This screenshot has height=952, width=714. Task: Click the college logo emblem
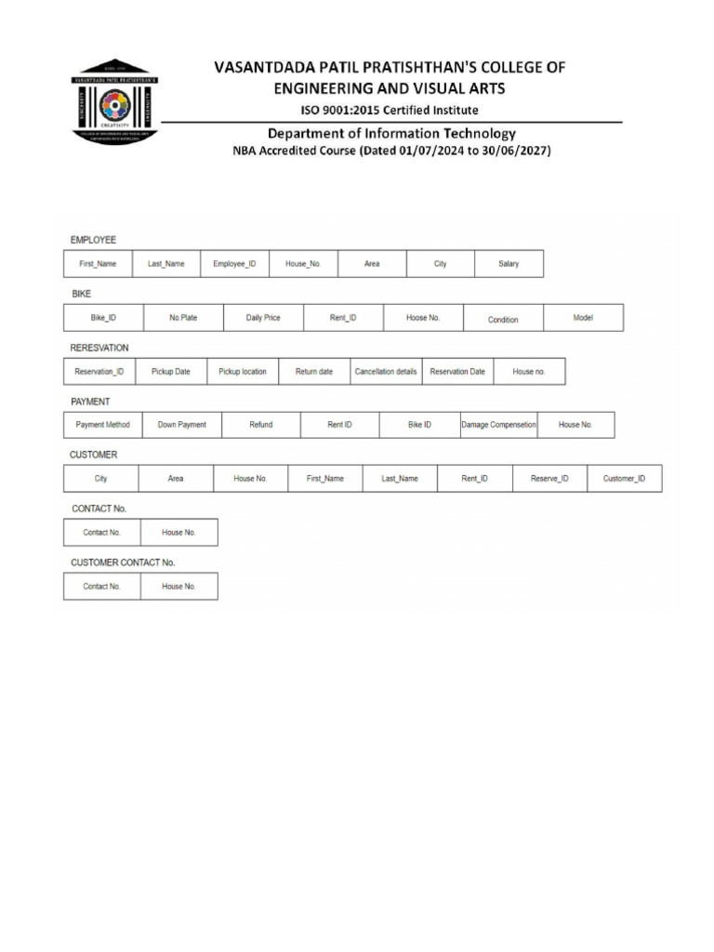[x=115, y=101]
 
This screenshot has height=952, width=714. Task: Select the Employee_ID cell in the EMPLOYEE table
[x=234, y=264]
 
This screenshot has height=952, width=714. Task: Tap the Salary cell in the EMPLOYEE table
[x=509, y=264]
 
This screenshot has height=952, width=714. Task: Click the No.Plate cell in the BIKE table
[x=183, y=318]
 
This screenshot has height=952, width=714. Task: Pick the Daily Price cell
[x=263, y=318]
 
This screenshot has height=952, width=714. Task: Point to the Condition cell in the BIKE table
[x=503, y=319]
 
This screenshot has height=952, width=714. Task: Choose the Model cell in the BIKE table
[x=583, y=318]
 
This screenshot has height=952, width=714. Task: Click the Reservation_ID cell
[x=99, y=372]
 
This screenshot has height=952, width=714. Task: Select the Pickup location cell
[x=243, y=372]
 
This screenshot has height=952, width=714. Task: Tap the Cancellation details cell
[x=386, y=372]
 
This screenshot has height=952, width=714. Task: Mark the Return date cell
[x=314, y=372]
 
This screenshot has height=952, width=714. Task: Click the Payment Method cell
[x=103, y=425]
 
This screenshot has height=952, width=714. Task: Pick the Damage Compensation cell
[x=498, y=425]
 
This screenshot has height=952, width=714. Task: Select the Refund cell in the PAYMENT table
[x=261, y=425]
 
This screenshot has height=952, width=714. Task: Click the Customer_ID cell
[x=630, y=479]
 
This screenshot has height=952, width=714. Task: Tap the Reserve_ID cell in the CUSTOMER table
[x=549, y=479]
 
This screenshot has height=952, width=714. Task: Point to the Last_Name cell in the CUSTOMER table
[x=400, y=479]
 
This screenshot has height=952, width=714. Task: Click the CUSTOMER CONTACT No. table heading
[x=123, y=562]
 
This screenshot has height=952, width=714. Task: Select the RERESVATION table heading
[x=99, y=348]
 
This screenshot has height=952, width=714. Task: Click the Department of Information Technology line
[x=391, y=133]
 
